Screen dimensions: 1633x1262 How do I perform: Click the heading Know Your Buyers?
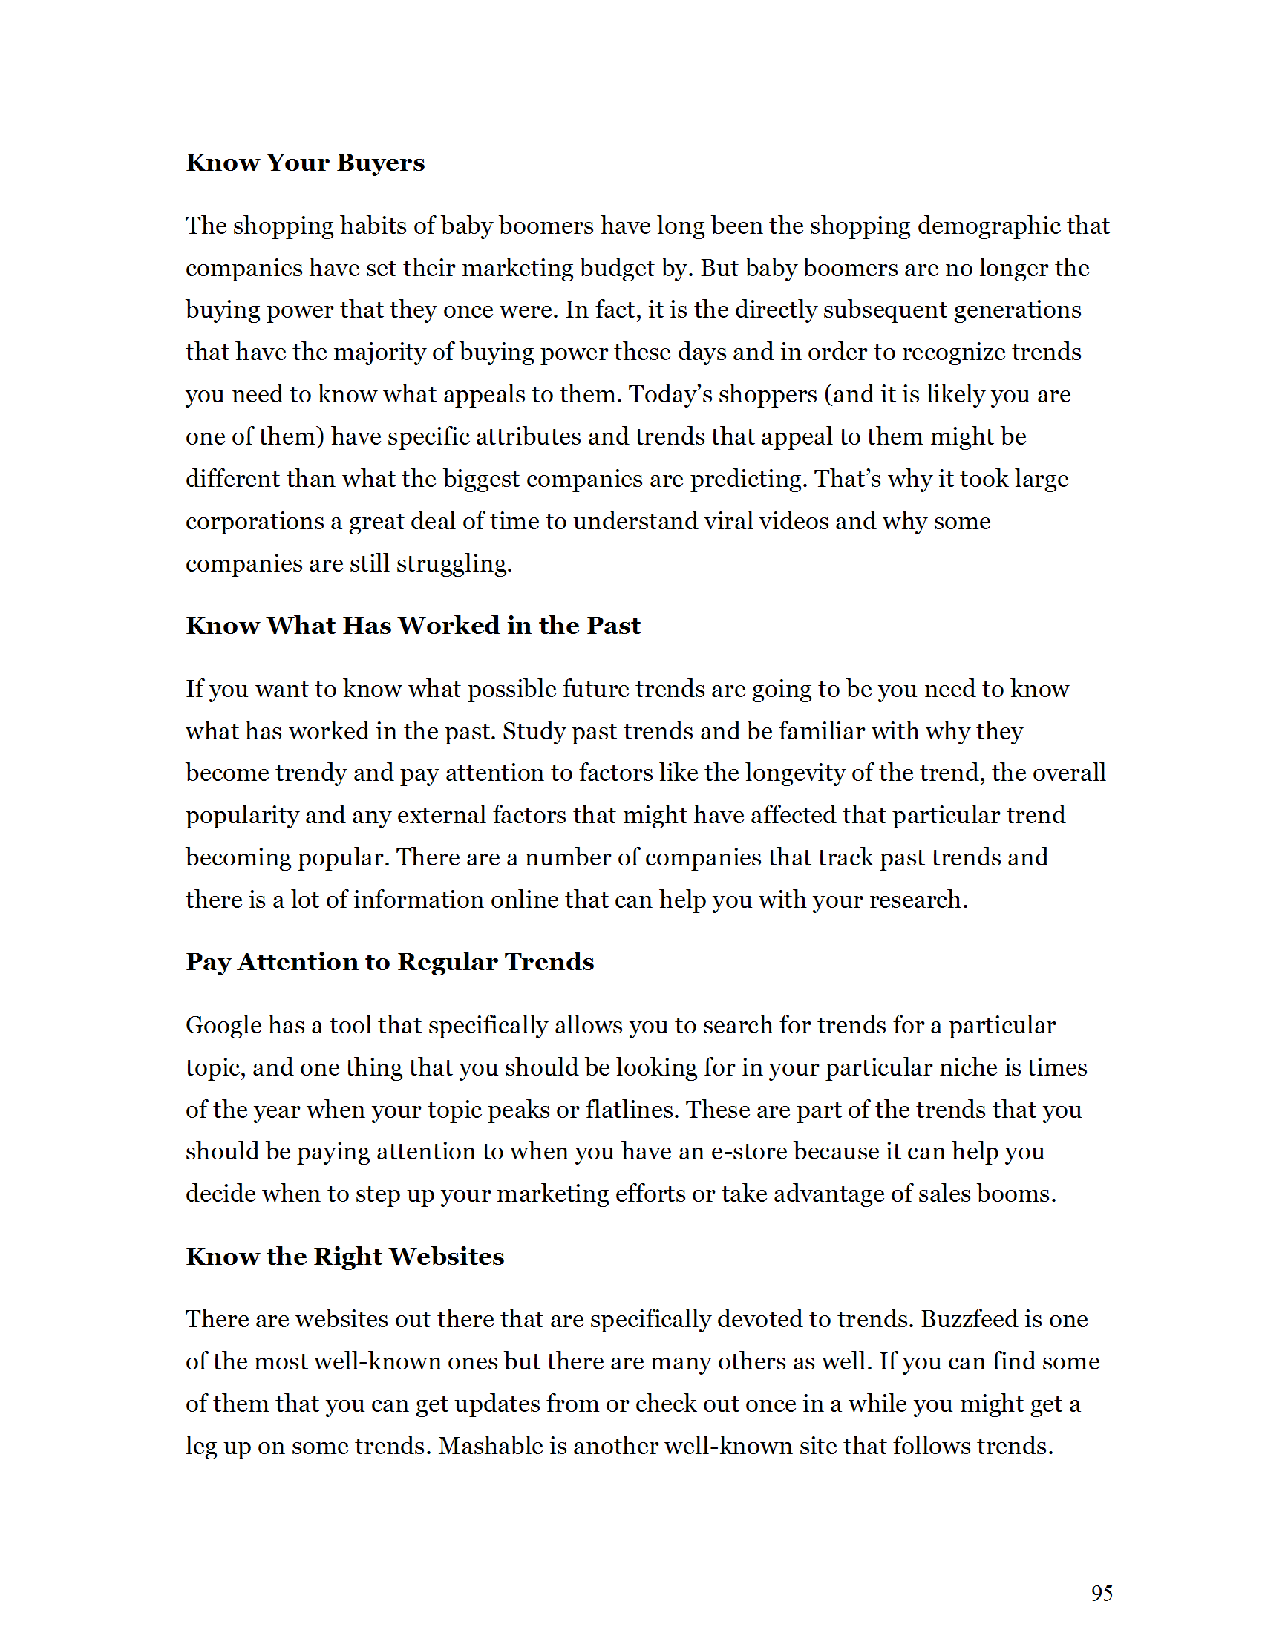pyautogui.click(x=305, y=163)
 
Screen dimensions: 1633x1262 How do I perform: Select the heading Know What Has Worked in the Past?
pyautogui.click(x=413, y=625)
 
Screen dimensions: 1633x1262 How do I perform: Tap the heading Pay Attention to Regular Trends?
pyautogui.click(x=390, y=961)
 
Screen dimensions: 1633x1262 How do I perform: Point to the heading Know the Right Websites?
pyautogui.click(x=344, y=1256)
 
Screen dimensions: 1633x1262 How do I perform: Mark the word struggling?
pyautogui.click(x=453, y=563)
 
